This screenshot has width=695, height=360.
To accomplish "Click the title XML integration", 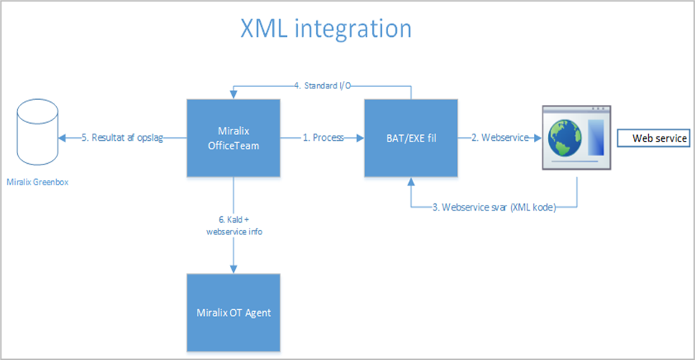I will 326,29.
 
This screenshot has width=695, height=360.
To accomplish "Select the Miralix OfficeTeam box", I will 234,138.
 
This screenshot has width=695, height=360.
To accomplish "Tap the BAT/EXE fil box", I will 410,138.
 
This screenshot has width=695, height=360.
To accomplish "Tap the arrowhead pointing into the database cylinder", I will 62,138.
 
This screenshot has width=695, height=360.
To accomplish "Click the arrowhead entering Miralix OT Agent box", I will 234,269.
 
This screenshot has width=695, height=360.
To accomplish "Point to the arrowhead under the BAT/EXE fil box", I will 410,180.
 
